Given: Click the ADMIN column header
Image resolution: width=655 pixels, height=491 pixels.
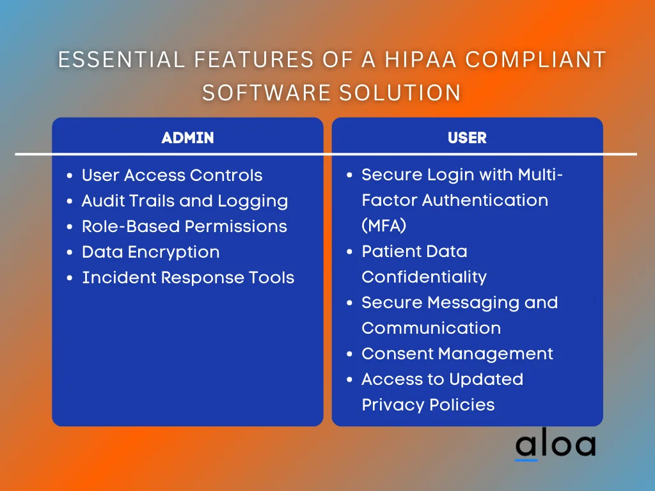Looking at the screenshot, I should pos(187,137).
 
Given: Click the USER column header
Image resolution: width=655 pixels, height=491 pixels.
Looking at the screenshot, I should pos(467,137).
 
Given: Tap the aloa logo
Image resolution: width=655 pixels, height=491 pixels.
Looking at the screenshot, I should pos(555,446).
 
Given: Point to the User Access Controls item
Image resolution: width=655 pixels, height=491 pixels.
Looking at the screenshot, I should pos(172,175).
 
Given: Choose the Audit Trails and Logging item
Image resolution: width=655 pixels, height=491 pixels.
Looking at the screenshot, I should pos(185,201).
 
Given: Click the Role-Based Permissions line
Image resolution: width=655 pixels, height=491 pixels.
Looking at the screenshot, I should pos(184,226).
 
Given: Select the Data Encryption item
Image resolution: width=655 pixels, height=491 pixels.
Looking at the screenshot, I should pos(150,252).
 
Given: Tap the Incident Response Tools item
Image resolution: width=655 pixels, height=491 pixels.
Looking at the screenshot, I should pos(188,277).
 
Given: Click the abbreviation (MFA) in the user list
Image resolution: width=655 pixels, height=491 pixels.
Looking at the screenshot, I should pos(384,226).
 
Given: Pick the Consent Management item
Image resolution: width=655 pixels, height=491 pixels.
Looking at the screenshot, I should pos(457,354).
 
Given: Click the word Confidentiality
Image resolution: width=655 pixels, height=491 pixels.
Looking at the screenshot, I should pos(424,277).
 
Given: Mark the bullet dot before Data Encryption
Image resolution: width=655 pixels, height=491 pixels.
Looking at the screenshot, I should pos(69,253).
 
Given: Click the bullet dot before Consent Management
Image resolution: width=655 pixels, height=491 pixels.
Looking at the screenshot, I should pos(349,354).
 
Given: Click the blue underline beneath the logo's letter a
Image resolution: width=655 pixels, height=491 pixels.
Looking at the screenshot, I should pos(526,459).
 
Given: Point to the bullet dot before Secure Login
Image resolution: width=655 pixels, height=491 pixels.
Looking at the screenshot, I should pos(349,175).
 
